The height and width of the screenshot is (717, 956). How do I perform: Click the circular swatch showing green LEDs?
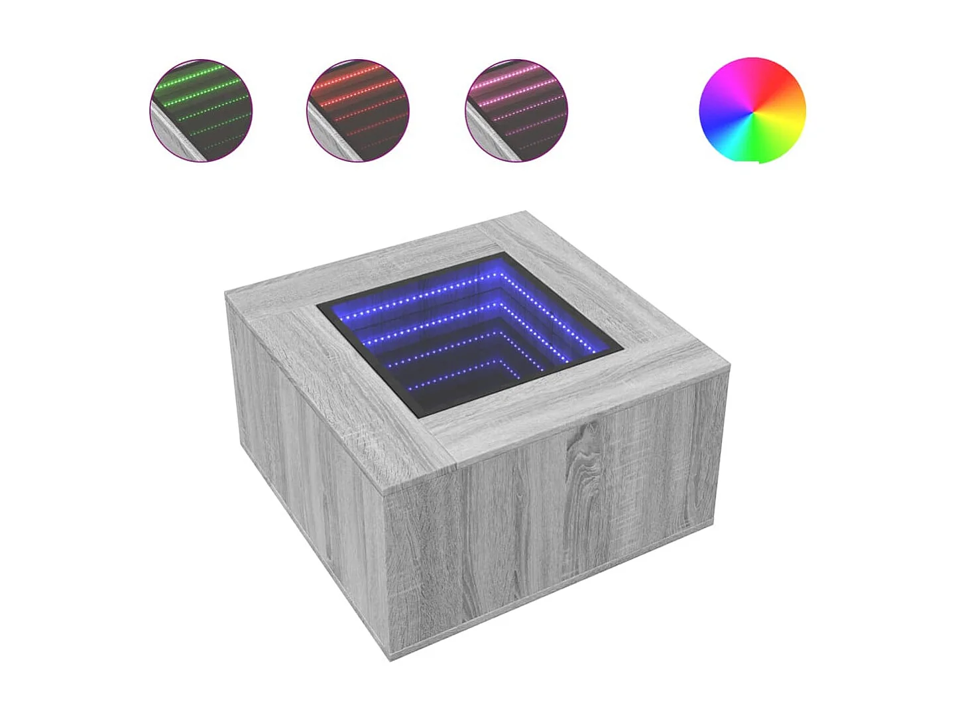[x=201, y=111]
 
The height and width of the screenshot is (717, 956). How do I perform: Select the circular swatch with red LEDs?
[x=358, y=111]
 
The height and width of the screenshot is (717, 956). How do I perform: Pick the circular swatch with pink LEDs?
[x=516, y=111]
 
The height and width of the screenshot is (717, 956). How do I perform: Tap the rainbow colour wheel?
[x=752, y=110]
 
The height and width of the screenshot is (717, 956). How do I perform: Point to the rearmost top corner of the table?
[x=526, y=212]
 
